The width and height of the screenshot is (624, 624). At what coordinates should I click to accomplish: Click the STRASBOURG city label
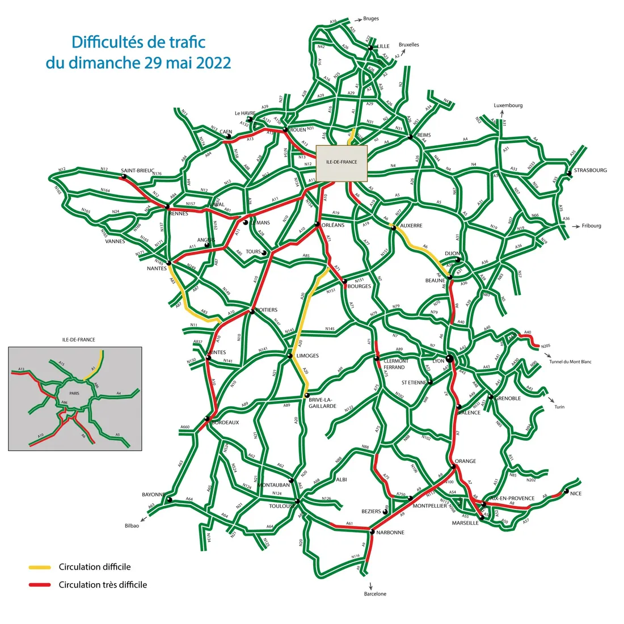click(x=590, y=170)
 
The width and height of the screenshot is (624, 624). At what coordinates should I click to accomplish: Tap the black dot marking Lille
click(x=370, y=48)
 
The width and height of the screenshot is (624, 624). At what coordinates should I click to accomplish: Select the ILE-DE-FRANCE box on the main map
click(x=341, y=163)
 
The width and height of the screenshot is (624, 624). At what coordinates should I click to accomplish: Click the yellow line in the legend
click(x=40, y=567)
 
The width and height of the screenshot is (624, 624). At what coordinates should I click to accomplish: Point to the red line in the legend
click(x=40, y=585)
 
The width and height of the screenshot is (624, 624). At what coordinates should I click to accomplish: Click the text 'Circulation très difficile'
click(x=103, y=585)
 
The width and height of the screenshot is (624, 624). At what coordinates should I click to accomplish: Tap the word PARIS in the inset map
click(x=74, y=393)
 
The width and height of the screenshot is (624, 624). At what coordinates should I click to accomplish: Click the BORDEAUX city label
click(x=225, y=423)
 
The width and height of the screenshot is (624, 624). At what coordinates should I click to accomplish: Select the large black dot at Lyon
click(x=449, y=358)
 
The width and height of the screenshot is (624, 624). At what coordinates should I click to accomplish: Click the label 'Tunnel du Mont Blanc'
click(x=570, y=361)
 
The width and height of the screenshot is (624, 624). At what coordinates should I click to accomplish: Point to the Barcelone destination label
click(x=375, y=594)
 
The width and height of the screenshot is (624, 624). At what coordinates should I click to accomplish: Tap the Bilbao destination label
click(x=132, y=526)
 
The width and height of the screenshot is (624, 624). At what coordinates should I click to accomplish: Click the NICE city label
click(x=576, y=494)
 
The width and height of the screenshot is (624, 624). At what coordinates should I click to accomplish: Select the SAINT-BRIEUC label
click(x=137, y=170)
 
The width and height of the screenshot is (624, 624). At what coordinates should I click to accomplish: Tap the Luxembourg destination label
click(x=508, y=106)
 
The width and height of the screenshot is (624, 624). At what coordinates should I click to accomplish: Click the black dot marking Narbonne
click(x=372, y=532)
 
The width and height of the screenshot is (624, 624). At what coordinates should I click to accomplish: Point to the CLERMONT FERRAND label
click(x=395, y=364)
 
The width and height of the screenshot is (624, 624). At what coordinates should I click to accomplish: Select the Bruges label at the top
click(x=370, y=19)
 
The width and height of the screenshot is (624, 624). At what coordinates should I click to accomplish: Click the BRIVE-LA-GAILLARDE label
click(x=322, y=402)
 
